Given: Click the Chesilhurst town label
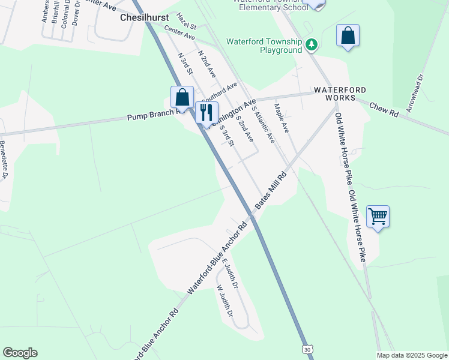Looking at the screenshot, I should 144,18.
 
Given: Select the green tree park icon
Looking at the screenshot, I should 311,44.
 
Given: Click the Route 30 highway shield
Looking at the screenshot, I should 307,349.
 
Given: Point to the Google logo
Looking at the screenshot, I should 20,353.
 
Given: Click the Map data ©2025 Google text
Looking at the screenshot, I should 411,355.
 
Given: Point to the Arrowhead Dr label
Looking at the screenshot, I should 415,93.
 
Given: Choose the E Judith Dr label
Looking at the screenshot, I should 230,272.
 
